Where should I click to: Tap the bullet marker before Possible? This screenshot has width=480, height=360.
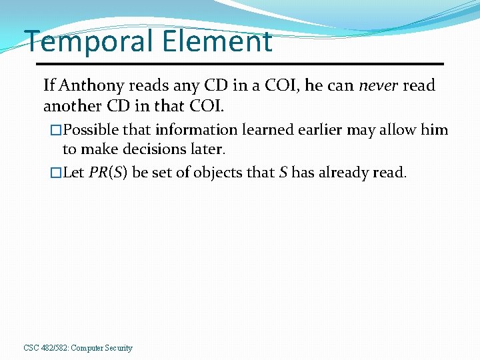(56, 130)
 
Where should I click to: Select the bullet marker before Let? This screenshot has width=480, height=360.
(56, 173)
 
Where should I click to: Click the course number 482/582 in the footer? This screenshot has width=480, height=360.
(53, 348)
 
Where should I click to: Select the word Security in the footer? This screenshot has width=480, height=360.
(118, 348)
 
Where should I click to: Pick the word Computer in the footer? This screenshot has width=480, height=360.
(86, 348)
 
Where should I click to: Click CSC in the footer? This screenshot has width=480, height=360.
(31, 348)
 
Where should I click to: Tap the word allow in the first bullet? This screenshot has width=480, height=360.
(400, 129)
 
